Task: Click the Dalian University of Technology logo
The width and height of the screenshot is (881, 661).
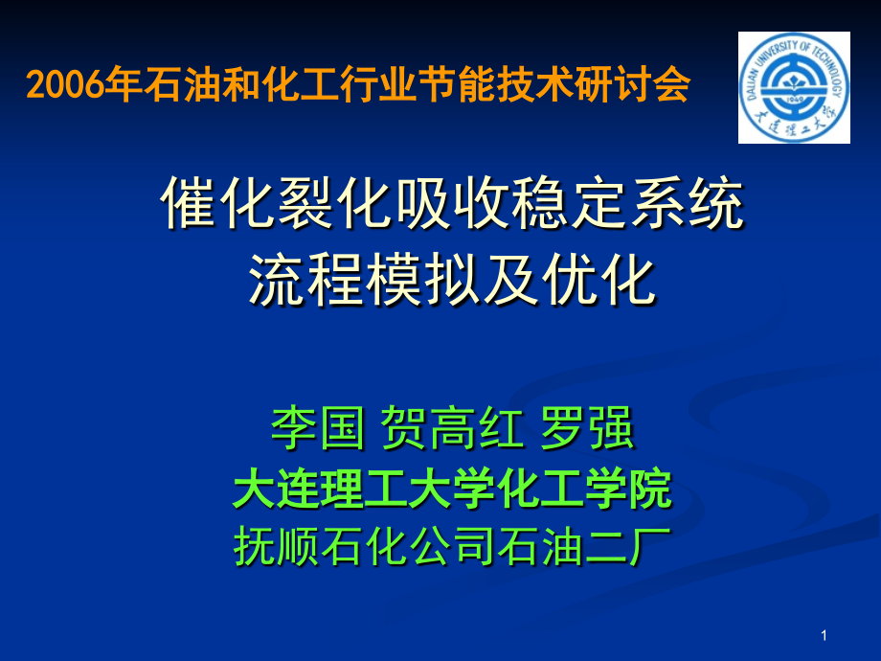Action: pos(794,87)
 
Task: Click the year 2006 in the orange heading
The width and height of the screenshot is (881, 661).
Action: pos(65,87)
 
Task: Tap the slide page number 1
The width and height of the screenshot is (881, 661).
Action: pos(825,635)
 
